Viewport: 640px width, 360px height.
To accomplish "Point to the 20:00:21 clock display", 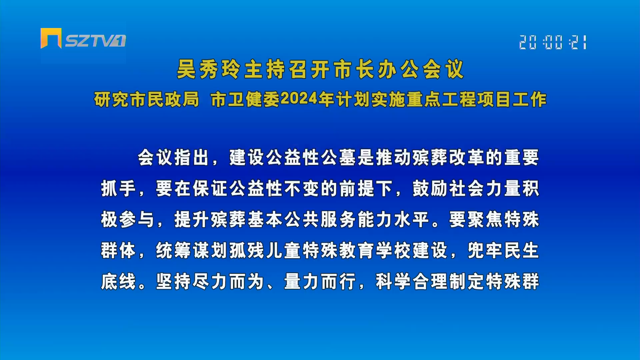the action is pyautogui.click(x=553, y=42).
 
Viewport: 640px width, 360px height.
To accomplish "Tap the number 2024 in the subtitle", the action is pyautogui.click(x=299, y=99).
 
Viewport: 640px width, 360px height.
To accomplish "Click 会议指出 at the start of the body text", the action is pyautogui.click(x=174, y=157).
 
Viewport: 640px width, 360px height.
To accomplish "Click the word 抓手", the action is pyautogui.click(x=119, y=188).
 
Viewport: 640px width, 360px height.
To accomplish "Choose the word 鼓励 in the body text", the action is pyautogui.click(x=430, y=188).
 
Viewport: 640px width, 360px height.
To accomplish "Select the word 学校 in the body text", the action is pyautogui.click(x=393, y=250).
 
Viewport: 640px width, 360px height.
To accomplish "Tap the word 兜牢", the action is pyautogui.click(x=485, y=250).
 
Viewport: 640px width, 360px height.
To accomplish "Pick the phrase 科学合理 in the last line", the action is pyautogui.click(x=412, y=281).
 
